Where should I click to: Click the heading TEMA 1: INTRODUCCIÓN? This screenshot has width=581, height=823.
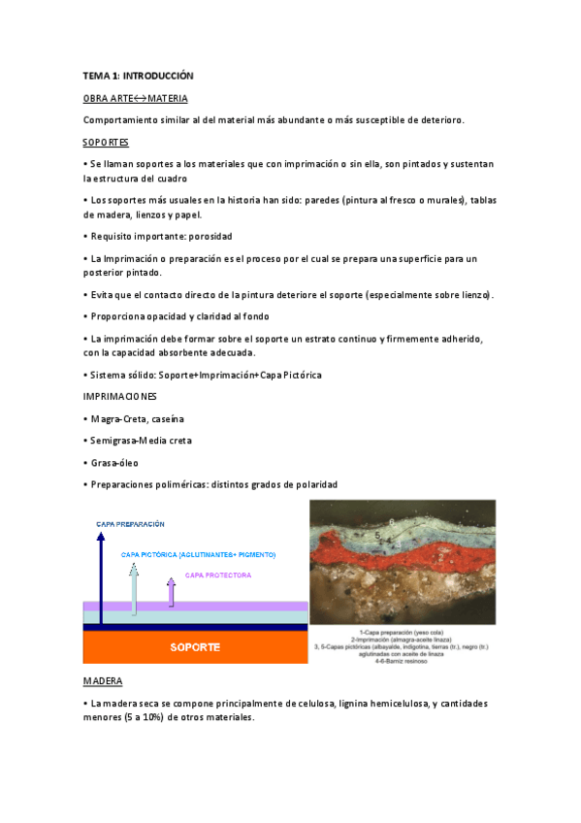point(139,75)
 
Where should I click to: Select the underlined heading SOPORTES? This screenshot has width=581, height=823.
point(107,142)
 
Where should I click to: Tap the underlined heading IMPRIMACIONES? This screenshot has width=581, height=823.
point(121,397)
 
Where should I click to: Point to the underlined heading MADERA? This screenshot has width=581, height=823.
point(103,681)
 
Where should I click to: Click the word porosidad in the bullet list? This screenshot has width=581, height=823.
point(208,236)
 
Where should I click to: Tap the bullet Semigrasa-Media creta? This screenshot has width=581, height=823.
point(142,440)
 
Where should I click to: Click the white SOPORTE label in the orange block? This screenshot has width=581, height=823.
point(195,646)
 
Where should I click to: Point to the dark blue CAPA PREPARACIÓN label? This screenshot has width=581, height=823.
point(130,524)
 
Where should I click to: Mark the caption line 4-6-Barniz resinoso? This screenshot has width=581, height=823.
point(402,661)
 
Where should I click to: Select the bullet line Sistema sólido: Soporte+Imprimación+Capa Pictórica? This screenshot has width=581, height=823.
point(203,375)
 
